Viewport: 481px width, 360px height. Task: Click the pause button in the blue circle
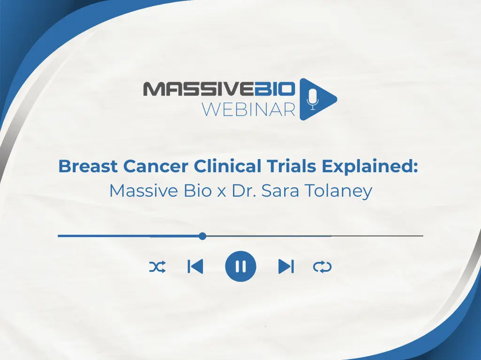click(x=240, y=267)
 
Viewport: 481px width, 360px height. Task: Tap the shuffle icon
click(x=157, y=267)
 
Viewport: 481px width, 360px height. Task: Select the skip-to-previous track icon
click(x=195, y=267)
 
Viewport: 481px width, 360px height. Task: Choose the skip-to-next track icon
click(x=286, y=267)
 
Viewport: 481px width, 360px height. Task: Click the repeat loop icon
click(x=322, y=267)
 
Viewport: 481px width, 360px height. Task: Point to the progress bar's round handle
click(x=202, y=236)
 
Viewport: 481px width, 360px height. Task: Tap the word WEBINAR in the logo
click(x=248, y=109)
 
